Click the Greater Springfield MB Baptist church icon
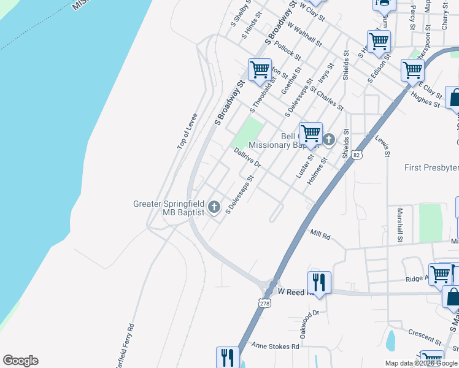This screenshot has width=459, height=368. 214,207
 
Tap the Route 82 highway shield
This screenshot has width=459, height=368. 357,155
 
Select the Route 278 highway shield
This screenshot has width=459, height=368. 264,303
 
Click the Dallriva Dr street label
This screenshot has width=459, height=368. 247,158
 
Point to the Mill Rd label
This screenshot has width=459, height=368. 320,234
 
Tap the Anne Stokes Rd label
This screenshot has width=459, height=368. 275,346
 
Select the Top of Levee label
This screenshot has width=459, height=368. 187,131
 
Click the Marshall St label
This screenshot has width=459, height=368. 399,224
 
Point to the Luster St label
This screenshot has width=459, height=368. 304,166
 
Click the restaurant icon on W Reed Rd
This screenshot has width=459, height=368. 318,282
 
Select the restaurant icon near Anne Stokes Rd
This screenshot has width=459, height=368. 227,357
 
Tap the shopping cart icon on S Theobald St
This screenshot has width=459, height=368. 260,69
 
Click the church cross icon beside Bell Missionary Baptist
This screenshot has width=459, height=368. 329,140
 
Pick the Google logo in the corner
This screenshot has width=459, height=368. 20,361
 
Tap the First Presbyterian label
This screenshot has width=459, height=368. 431,167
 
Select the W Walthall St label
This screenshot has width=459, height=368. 304,35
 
